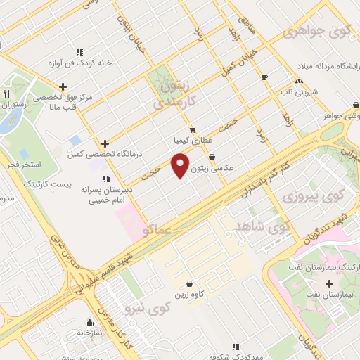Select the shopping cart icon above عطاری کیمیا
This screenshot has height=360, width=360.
pyautogui.click(x=193, y=130)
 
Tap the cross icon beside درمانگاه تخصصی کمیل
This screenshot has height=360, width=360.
pyautogui.click(x=105, y=143)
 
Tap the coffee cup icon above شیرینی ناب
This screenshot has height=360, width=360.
pyautogui.click(x=264, y=77)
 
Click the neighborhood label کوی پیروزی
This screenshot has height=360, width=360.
pyautogui.click(x=306, y=196)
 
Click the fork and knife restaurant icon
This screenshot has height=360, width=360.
pyautogui.click(x=6, y=93)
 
